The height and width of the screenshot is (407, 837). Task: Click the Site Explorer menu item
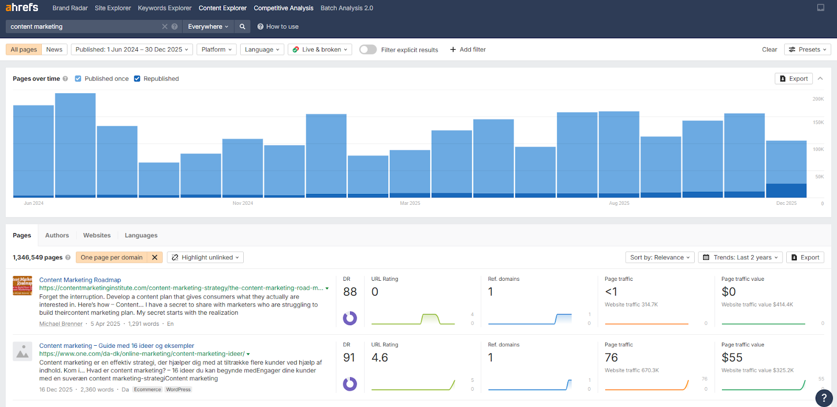point(112,8)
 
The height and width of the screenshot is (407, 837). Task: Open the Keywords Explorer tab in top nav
point(164,8)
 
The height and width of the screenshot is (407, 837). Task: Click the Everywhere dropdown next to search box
point(208,27)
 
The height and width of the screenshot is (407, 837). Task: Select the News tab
point(54,50)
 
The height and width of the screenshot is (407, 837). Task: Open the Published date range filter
point(132,50)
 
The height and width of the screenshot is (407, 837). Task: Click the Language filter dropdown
point(262,50)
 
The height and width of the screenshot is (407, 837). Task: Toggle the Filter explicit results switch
point(368,50)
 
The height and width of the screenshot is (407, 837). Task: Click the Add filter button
point(468,50)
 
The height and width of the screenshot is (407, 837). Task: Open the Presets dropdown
point(808,50)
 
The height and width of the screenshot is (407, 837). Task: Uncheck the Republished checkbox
point(137,79)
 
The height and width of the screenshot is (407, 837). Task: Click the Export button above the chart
point(794,79)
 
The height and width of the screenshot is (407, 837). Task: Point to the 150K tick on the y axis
point(818,123)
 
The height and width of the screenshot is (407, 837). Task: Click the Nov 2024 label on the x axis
point(243,203)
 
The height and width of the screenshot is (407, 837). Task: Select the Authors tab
point(57,236)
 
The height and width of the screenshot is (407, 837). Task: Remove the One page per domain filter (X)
point(154,258)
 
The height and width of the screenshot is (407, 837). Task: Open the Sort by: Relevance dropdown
point(660,258)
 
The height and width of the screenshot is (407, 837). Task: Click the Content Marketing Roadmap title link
point(80,280)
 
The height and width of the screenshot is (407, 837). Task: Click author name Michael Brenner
point(61,324)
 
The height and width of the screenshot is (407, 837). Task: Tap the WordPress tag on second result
point(178,390)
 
